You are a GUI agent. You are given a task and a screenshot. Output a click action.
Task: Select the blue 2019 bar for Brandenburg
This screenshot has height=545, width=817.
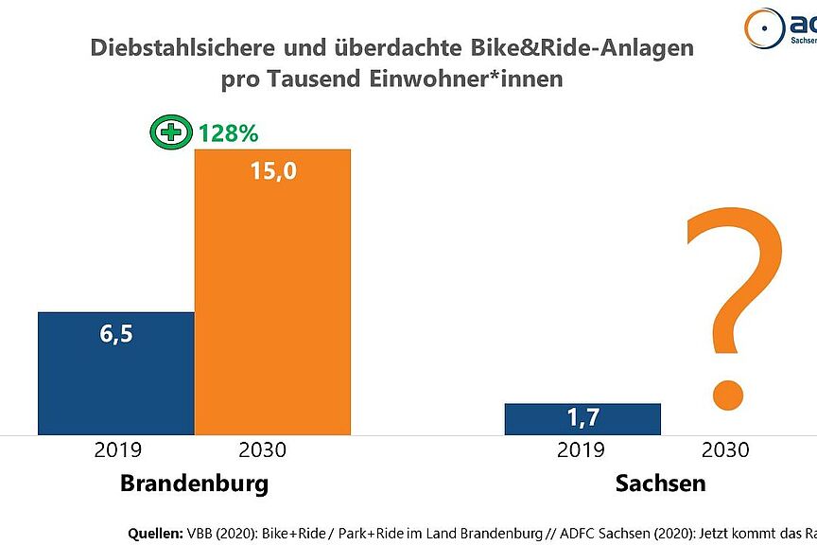pos(116,373)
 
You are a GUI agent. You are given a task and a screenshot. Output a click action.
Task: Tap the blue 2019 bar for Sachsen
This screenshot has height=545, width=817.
pos(582,419)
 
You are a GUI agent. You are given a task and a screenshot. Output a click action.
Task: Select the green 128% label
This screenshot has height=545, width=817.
pos(228,133)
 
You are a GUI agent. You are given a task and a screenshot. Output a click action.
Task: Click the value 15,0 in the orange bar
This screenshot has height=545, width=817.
pos(272,174)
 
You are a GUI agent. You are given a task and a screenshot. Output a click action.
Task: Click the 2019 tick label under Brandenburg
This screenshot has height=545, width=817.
pos(116,450)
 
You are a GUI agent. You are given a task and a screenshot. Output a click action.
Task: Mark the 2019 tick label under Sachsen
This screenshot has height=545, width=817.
pos(582,450)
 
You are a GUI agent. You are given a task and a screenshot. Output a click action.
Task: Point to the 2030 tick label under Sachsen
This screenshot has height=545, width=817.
pos(723,450)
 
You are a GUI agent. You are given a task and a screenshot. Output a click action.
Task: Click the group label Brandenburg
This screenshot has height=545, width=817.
pos(194,483)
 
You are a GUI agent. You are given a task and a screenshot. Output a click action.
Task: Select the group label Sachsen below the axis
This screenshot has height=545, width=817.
pos(660,483)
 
